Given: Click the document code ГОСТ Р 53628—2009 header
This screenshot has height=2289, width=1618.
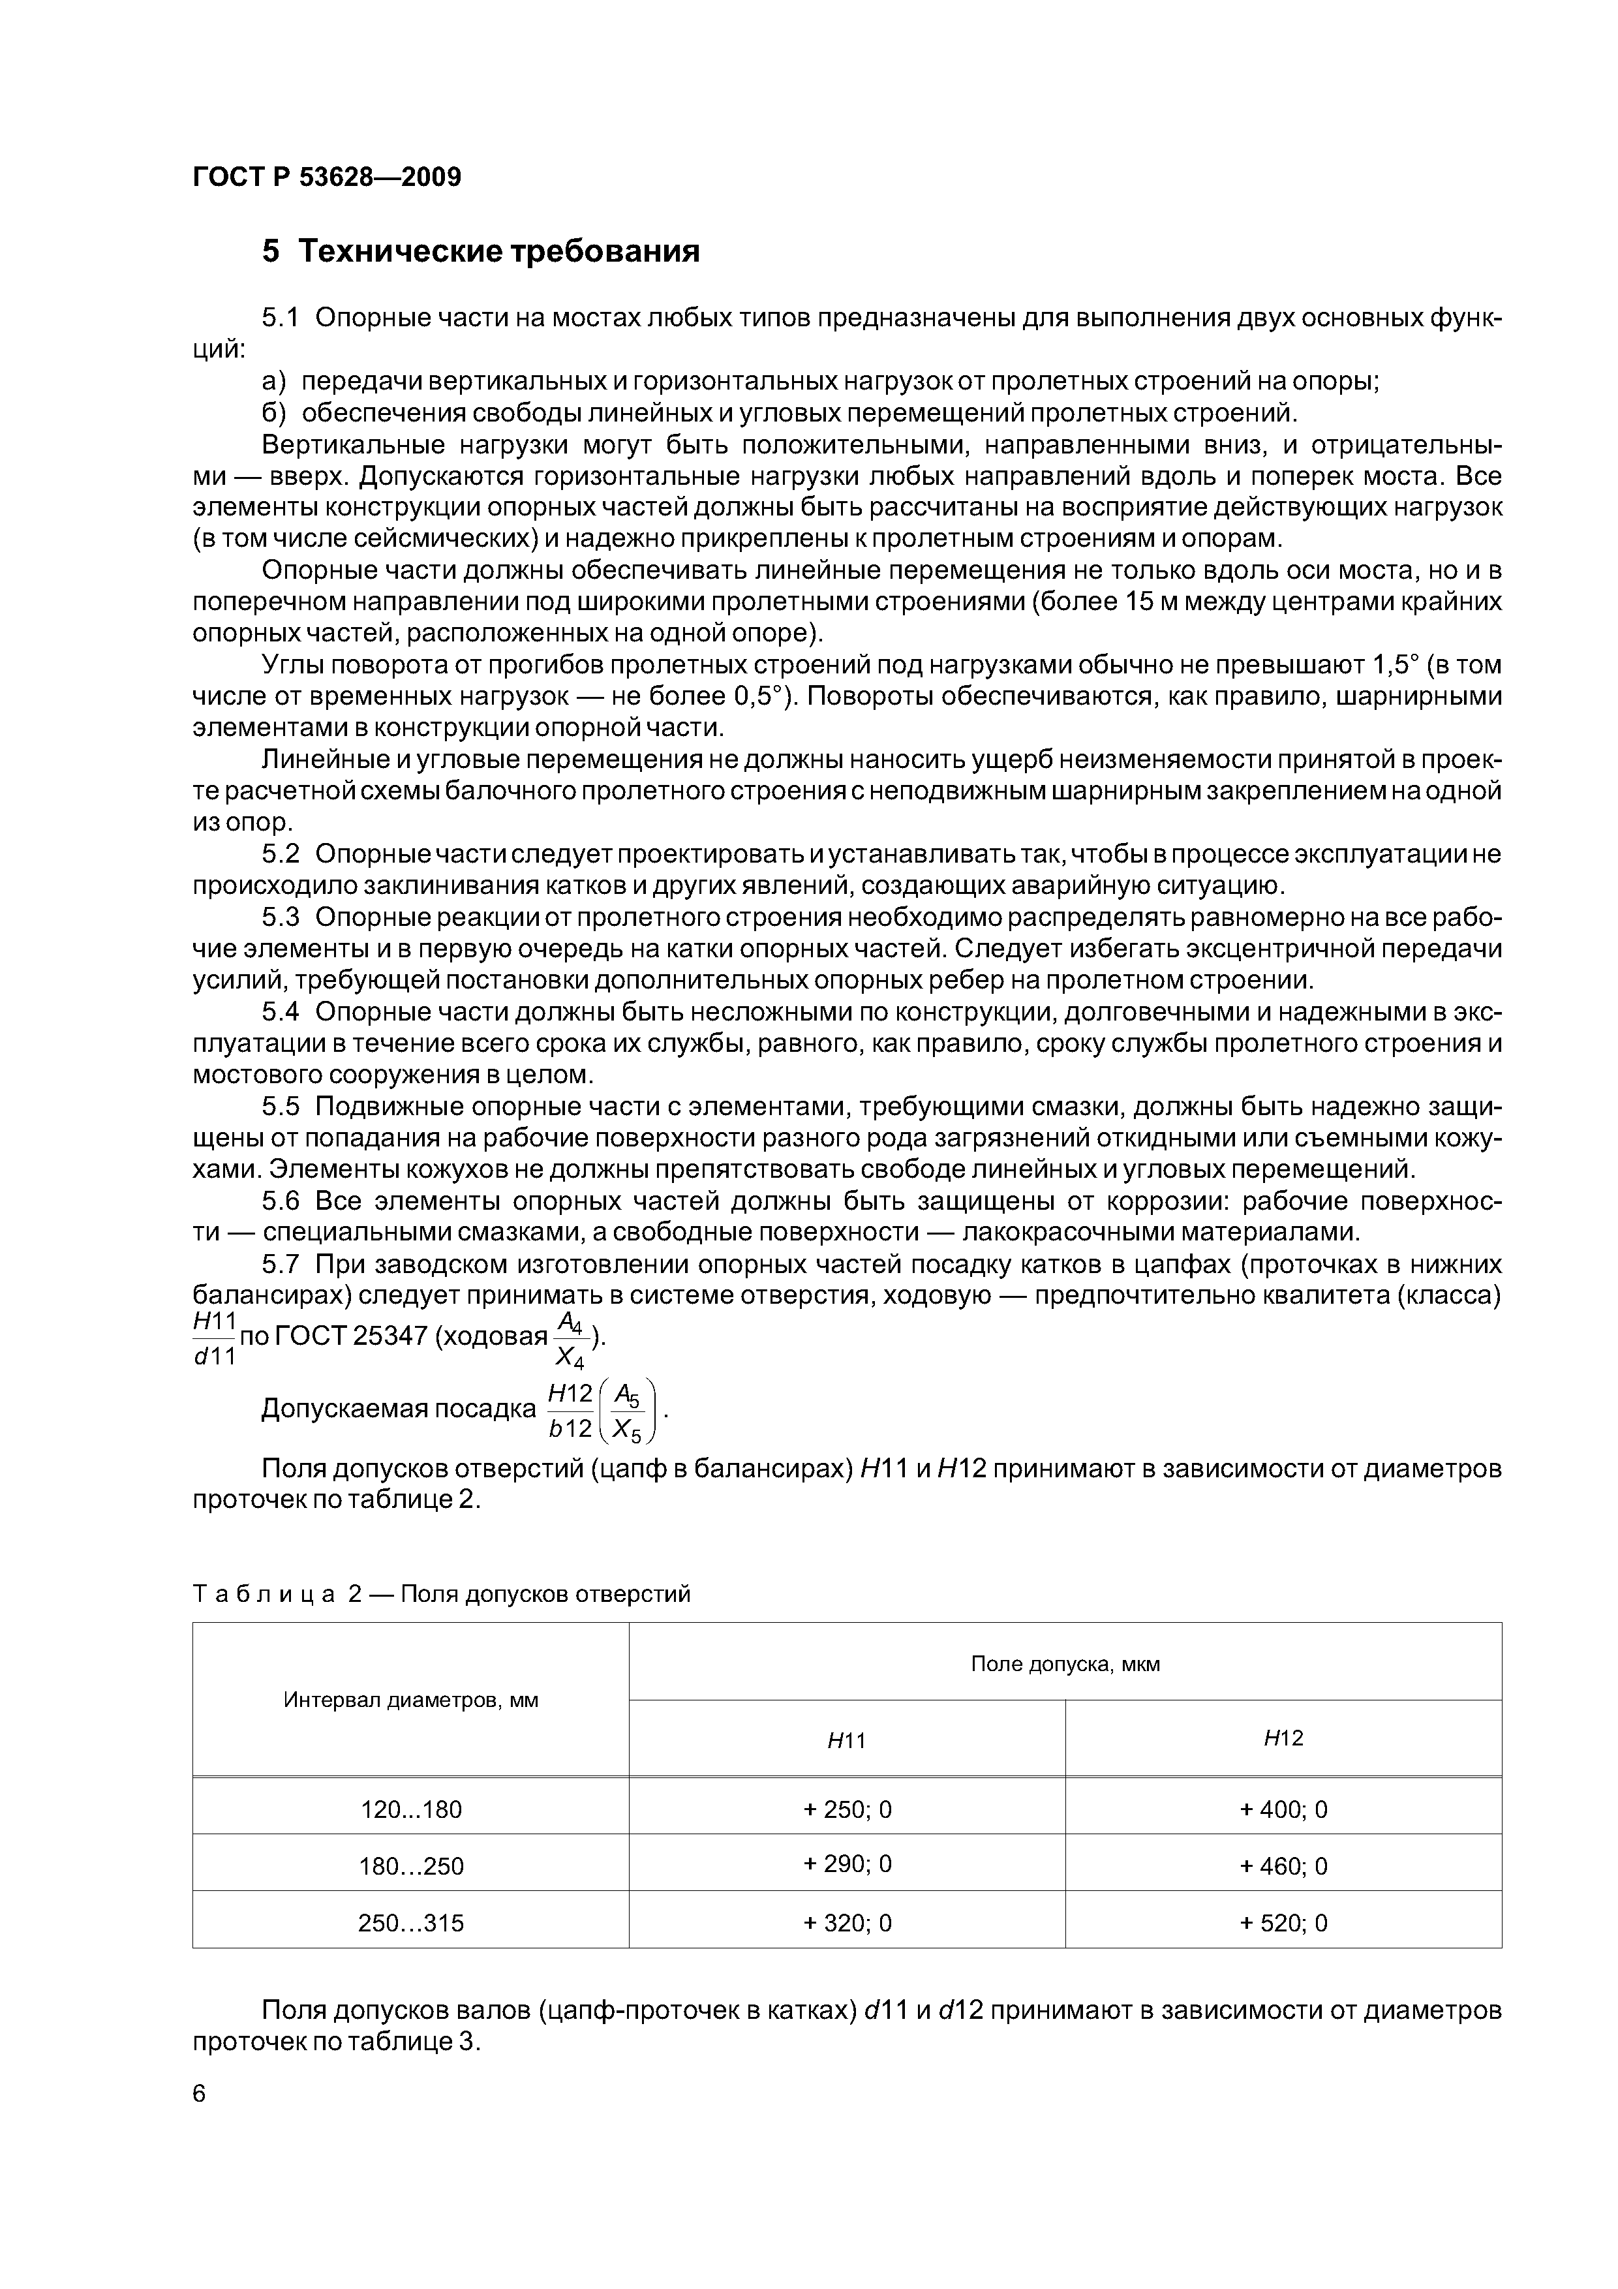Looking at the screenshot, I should [x=327, y=177].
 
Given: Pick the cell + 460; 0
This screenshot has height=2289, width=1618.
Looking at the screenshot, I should [x=1283, y=1866].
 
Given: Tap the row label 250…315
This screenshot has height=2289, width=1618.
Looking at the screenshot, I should [x=411, y=1923].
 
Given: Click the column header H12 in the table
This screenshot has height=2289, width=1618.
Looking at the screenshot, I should [x=1283, y=1739].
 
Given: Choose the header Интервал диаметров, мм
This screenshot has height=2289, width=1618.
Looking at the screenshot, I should [x=411, y=1700].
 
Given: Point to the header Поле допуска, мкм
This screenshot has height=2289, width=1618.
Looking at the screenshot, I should [x=1065, y=1664].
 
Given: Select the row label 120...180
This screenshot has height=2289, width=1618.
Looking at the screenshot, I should [x=411, y=1809].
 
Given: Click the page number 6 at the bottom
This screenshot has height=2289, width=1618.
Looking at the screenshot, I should [x=200, y=2095].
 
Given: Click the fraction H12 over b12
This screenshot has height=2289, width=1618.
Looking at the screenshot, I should [x=570, y=1409].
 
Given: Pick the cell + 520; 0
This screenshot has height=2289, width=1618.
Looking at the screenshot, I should [x=1283, y=1923].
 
